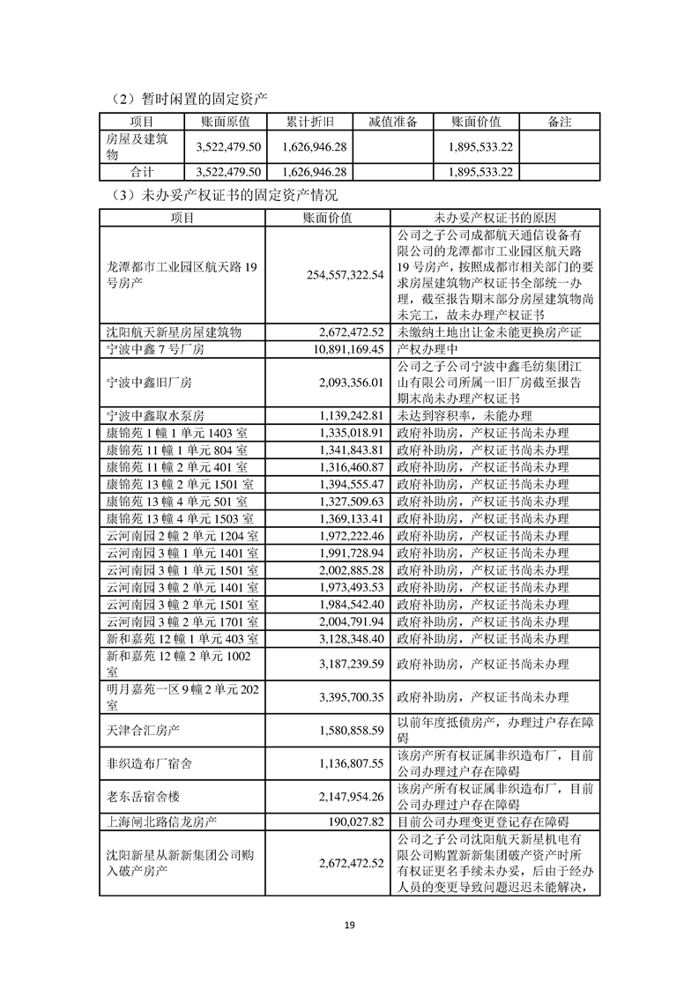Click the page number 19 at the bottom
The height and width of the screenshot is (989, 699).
click(x=349, y=925)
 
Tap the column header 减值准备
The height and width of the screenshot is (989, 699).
click(x=392, y=122)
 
